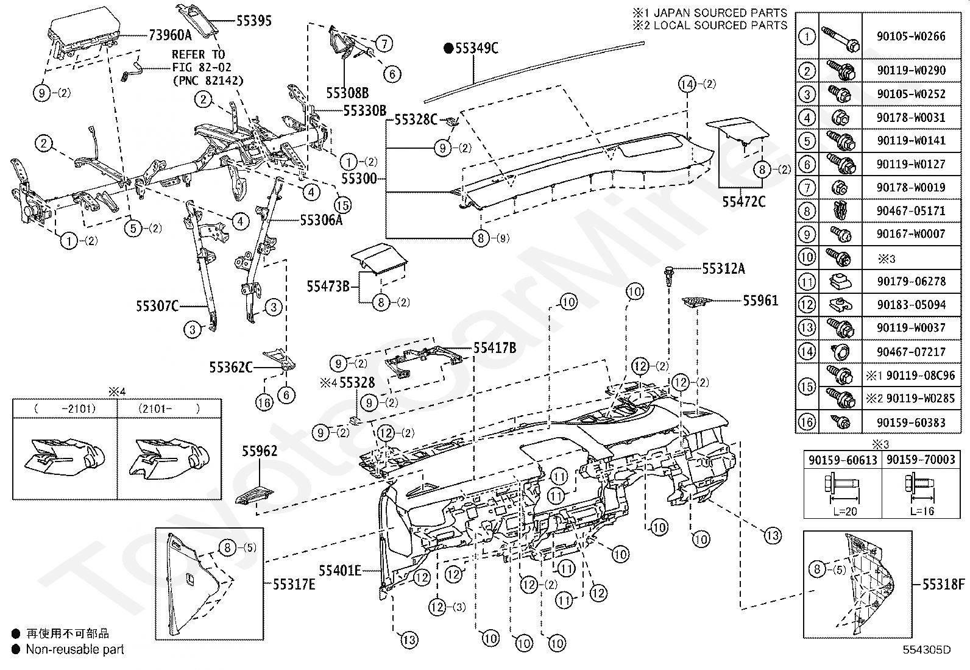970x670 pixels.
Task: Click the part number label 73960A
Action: click(170, 35)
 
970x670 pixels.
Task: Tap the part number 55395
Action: click(253, 21)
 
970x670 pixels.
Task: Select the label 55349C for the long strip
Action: click(476, 48)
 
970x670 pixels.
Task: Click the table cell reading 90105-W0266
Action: click(911, 36)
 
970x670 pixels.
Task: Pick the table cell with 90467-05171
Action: click(911, 210)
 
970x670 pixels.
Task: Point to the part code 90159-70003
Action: click(921, 460)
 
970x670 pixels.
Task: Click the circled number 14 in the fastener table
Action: click(807, 352)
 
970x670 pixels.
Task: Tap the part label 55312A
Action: click(724, 269)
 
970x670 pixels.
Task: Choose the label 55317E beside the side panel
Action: click(294, 585)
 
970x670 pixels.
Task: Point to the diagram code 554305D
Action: click(926, 650)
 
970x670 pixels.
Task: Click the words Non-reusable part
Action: click(75, 649)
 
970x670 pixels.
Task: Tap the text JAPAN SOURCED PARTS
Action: click(720, 13)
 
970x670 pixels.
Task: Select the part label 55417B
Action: click(495, 348)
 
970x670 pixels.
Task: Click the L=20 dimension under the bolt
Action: click(845, 511)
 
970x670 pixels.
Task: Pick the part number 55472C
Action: click(743, 202)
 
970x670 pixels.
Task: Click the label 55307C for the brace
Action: click(157, 307)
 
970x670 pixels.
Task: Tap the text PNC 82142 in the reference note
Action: click(208, 80)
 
